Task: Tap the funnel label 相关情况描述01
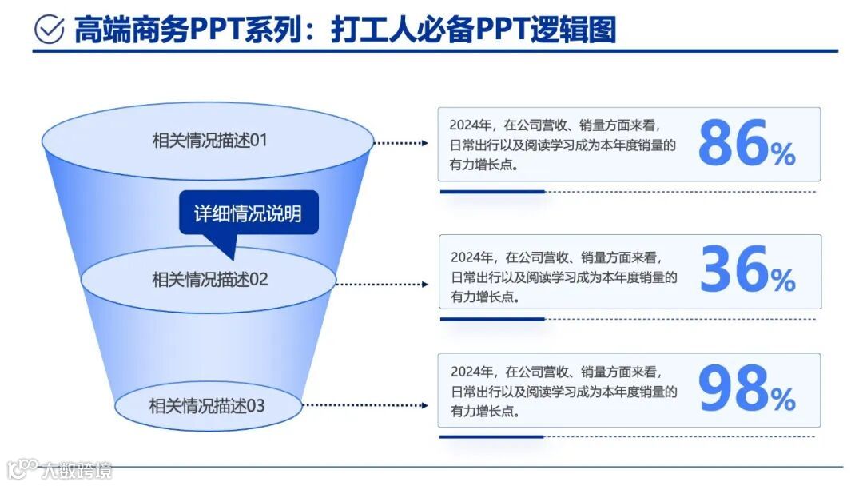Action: [x=209, y=141]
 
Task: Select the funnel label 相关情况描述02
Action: [x=210, y=280]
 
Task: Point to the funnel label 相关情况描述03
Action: [x=207, y=405]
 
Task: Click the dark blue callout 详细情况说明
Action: [x=249, y=213]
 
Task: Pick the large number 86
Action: [x=733, y=145]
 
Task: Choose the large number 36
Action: [x=734, y=270]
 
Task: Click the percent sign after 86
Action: [x=783, y=153]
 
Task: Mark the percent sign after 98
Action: [x=783, y=398]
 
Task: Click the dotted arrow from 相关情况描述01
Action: [x=403, y=143]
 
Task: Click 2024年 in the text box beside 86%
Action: [x=470, y=125]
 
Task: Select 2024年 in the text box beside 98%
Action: [x=471, y=372]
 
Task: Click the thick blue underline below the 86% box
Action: [x=492, y=192]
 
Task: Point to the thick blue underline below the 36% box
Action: [x=492, y=319]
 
